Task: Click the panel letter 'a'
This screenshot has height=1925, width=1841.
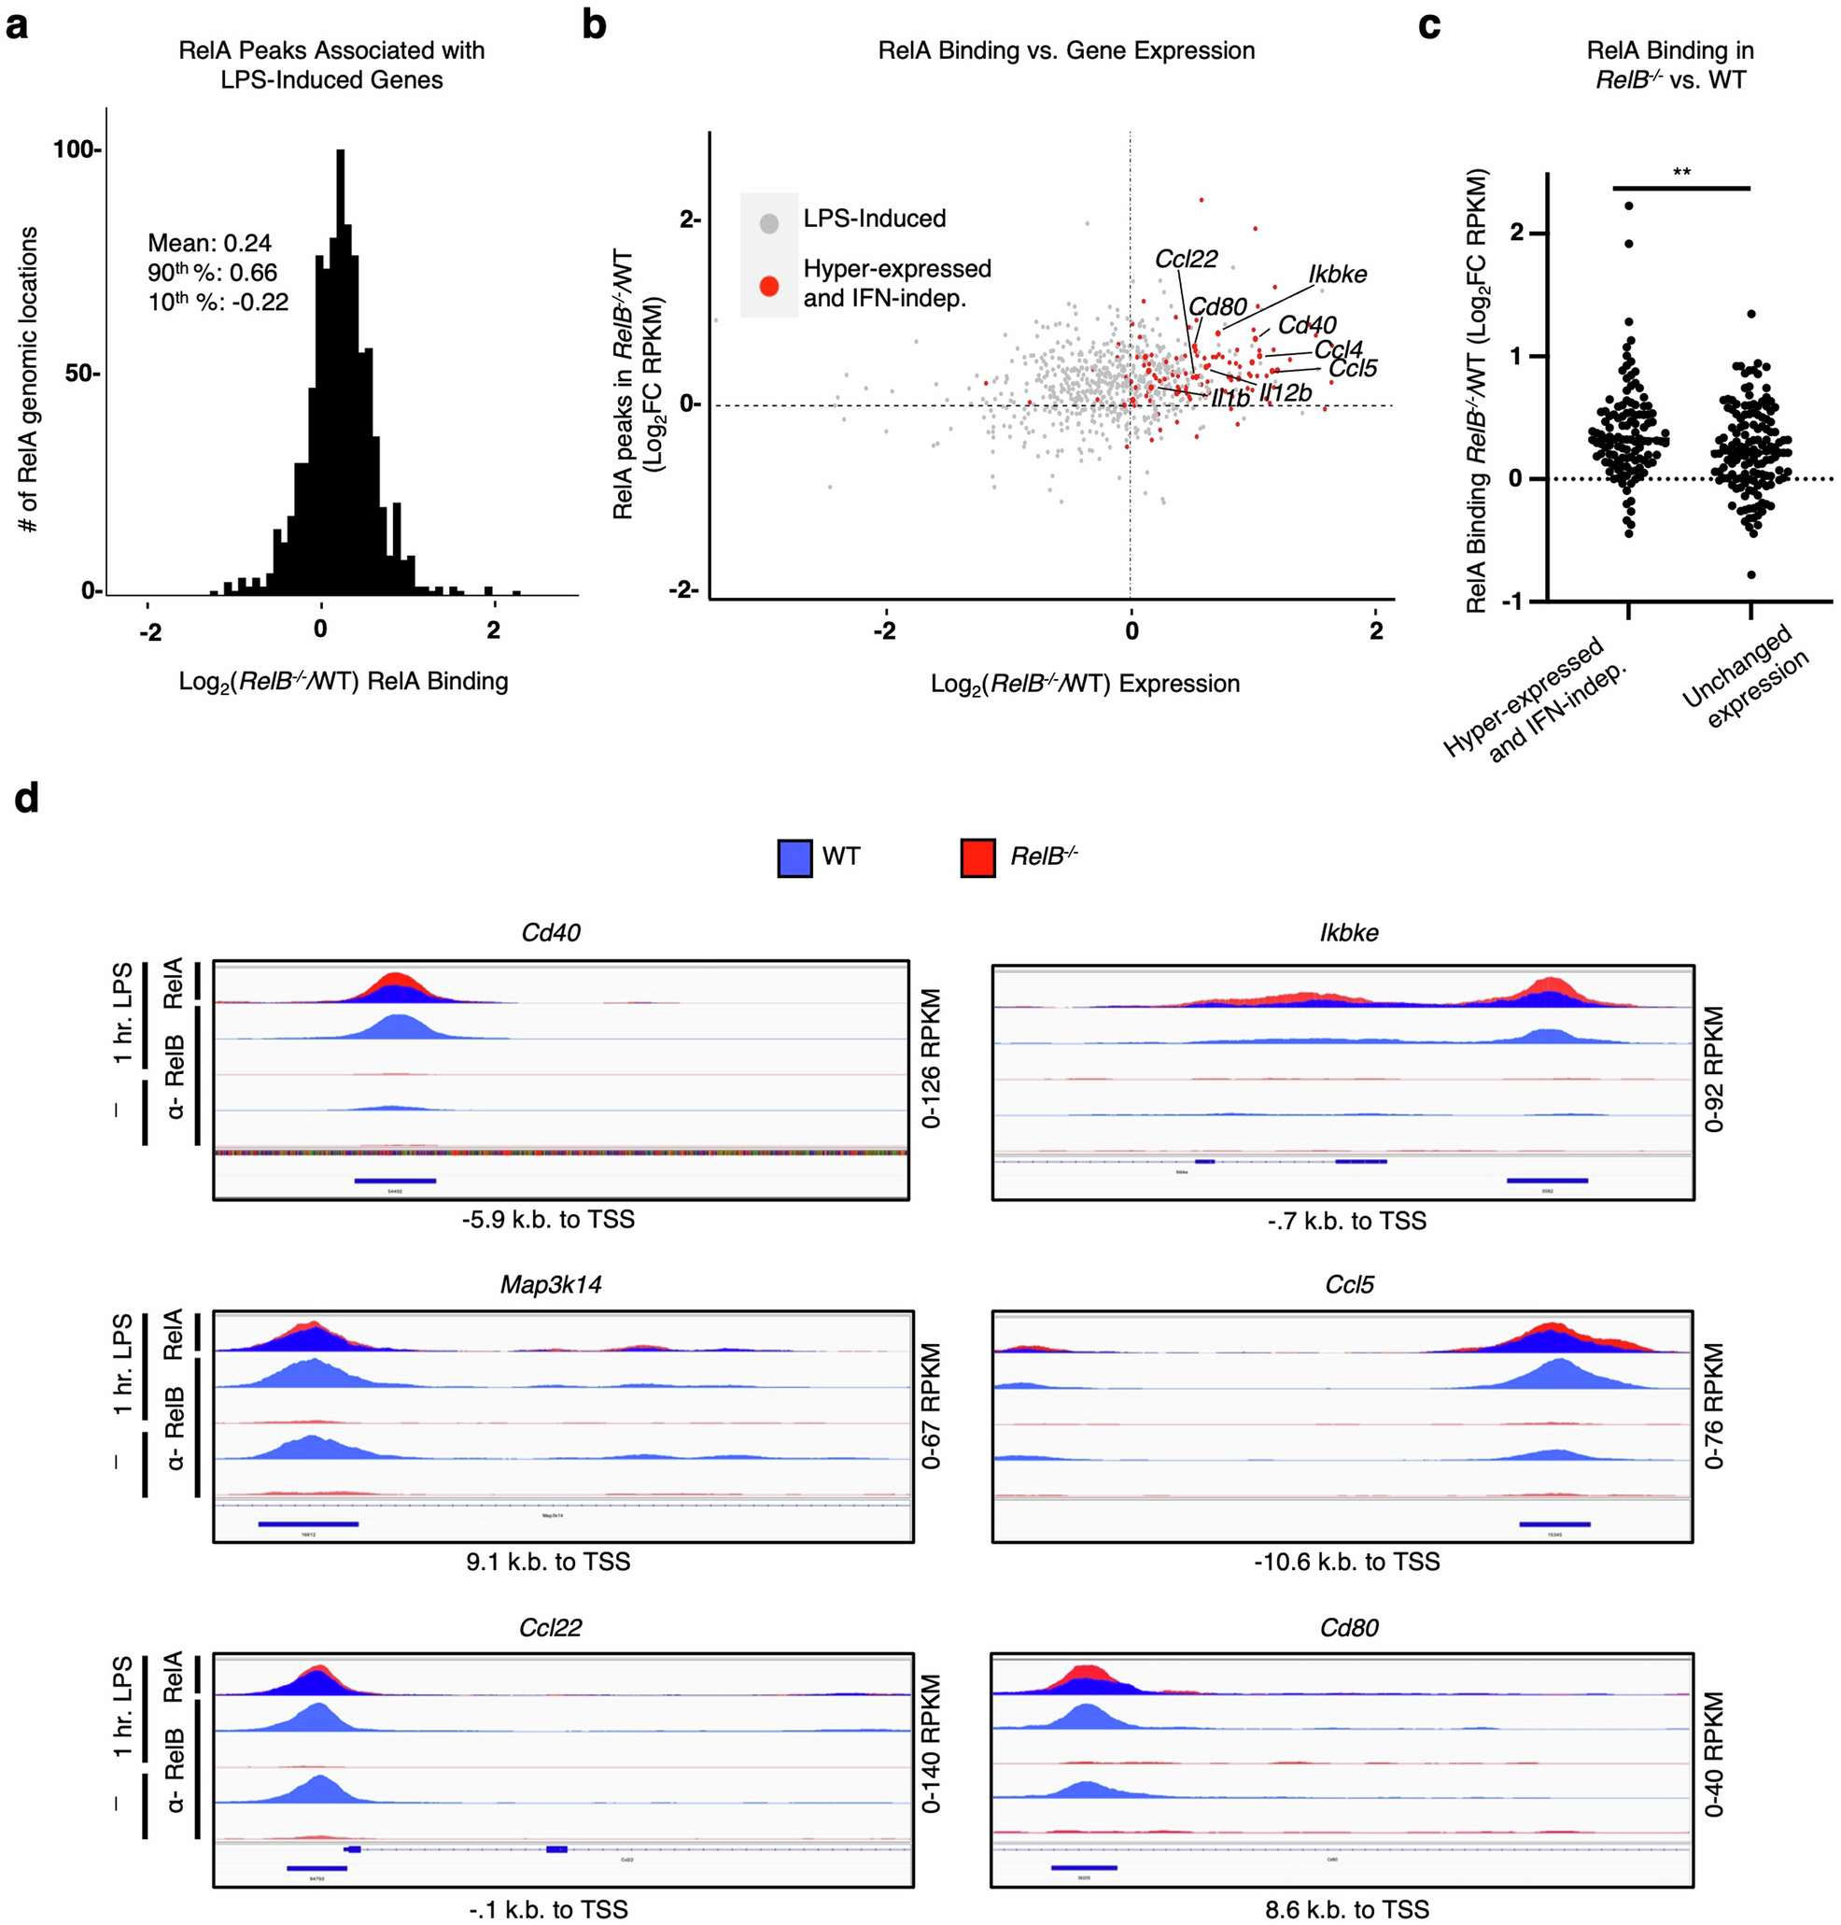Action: pyautogui.click(x=17, y=25)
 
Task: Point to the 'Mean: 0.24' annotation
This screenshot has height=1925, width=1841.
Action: pyautogui.click(x=209, y=243)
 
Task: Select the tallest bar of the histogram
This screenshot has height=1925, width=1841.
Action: pyautogui.click(x=341, y=373)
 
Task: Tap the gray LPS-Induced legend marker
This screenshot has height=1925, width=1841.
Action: pyautogui.click(x=769, y=223)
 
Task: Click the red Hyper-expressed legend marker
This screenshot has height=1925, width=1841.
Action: pyautogui.click(x=769, y=286)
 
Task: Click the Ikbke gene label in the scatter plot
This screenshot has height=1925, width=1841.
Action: pyautogui.click(x=1337, y=275)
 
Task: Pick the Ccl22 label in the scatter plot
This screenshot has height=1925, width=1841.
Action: pyautogui.click(x=1186, y=259)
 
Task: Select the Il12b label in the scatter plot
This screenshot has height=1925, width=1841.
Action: pyautogui.click(x=1286, y=393)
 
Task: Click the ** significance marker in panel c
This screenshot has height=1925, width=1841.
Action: pyautogui.click(x=1681, y=173)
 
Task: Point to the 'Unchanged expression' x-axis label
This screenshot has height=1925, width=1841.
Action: pyautogui.click(x=1745, y=677)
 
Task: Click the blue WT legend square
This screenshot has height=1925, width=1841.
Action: pyautogui.click(x=794, y=857)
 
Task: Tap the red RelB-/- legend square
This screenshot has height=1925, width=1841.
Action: pyautogui.click(x=977, y=857)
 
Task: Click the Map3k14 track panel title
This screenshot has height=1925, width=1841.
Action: pyautogui.click(x=551, y=1284)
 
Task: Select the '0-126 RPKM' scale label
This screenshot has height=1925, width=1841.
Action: pyautogui.click(x=932, y=1057)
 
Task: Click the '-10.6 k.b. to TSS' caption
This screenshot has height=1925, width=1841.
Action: pyautogui.click(x=1346, y=1561)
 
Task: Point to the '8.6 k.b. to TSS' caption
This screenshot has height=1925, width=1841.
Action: pyautogui.click(x=1346, y=1908)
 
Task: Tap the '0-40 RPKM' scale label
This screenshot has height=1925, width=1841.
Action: pyautogui.click(x=1713, y=1753)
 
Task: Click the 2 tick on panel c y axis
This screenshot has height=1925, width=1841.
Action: pyautogui.click(x=1516, y=233)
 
